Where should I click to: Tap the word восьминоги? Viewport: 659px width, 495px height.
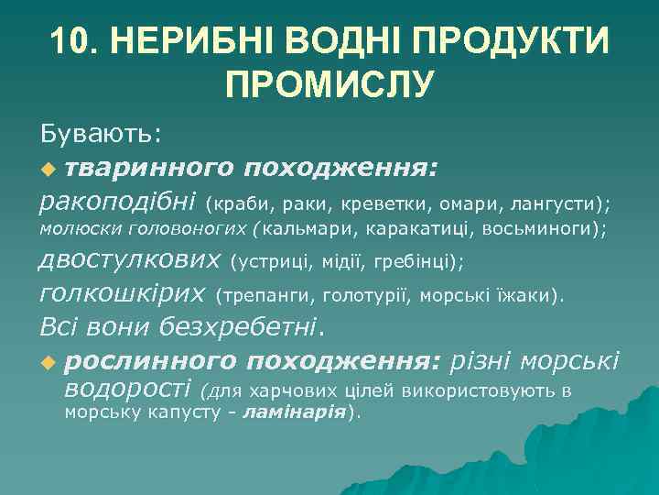[x=552, y=229]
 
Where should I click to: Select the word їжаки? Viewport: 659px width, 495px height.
[x=528, y=296]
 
